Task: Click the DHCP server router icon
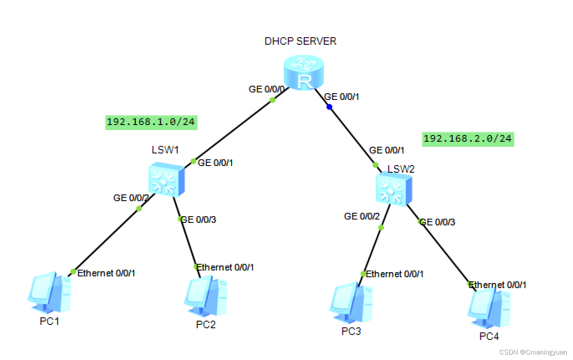303,72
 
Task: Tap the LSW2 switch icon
393,190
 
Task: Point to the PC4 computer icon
489,309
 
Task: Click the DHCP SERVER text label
301,41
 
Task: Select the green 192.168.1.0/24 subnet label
151,122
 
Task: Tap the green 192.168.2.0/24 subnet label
468,138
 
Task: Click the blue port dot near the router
329,107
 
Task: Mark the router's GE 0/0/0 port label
267,89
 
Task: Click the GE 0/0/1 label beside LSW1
215,163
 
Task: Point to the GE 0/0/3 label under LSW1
199,220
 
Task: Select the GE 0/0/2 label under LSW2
362,216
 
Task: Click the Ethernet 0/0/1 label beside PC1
106,273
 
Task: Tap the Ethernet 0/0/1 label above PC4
497,285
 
